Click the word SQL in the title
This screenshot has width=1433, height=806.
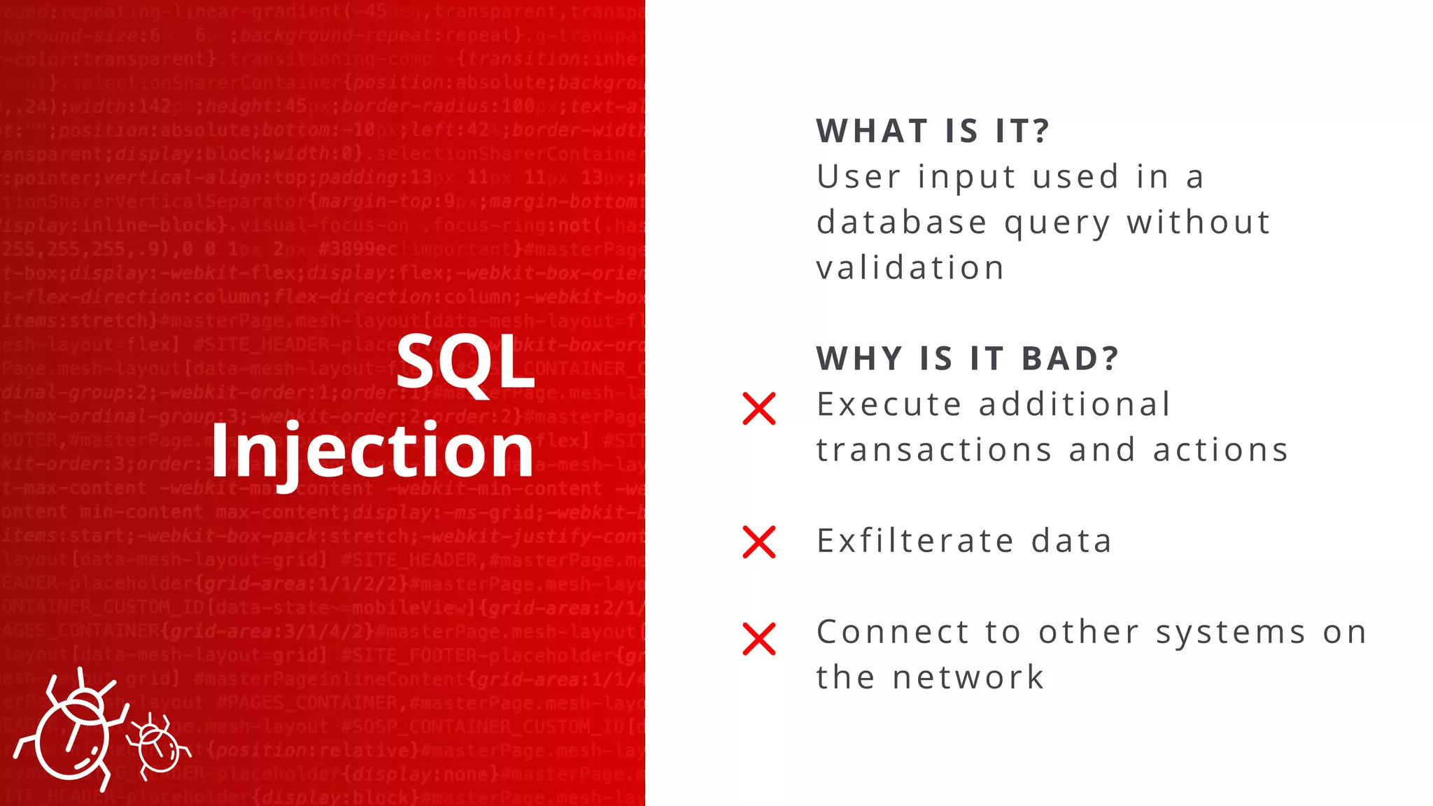(465, 362)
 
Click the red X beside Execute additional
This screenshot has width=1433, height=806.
(759, 409)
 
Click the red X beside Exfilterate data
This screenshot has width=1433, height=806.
(759, 542)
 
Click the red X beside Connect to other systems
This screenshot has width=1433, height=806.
(759, 639)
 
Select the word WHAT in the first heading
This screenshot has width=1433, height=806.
(872, 131)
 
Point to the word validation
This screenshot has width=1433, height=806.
(910, 268)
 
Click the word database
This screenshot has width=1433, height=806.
(902, 223)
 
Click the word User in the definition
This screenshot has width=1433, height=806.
(859, 177)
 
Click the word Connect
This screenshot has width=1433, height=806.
(892, 632)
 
